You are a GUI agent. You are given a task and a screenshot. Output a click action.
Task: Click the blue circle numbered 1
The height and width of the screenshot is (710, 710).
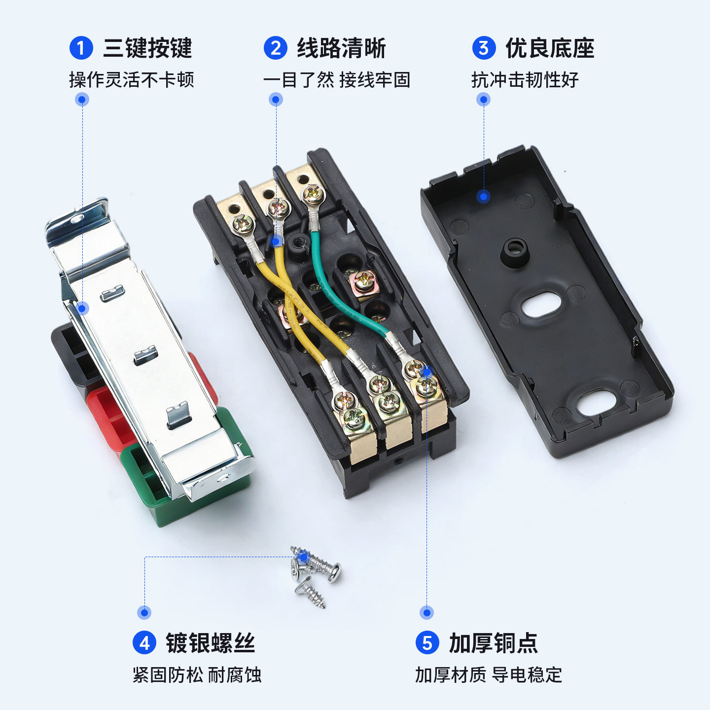click(x=81, y=48)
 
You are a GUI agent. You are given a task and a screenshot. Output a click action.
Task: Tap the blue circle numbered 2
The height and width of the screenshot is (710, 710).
click(x=275, y=48)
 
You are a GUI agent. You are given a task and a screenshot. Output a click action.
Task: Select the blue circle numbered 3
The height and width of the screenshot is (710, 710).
click(x=484, y=48)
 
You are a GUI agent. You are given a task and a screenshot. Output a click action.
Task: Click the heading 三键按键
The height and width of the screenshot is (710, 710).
click(x=148, y=48)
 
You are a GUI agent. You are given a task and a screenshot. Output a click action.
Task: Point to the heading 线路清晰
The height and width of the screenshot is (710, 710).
click(x=342, y=48)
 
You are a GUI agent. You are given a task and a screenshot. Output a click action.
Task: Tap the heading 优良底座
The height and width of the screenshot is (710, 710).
click(x=550, y=48)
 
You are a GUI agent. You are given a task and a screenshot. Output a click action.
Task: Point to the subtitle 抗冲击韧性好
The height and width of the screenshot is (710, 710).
click(x=525, y=80)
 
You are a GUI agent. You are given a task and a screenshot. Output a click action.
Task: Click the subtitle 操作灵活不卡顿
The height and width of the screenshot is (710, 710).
click(x=132, y=80)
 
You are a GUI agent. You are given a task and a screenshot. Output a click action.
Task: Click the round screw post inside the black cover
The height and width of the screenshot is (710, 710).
click(x=514, y=252)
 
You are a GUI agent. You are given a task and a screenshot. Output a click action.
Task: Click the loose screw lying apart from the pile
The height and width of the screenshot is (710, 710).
click(x=310, y=593)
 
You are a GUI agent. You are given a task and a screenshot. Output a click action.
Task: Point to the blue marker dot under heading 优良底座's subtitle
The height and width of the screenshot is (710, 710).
click(x=484, y=100)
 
